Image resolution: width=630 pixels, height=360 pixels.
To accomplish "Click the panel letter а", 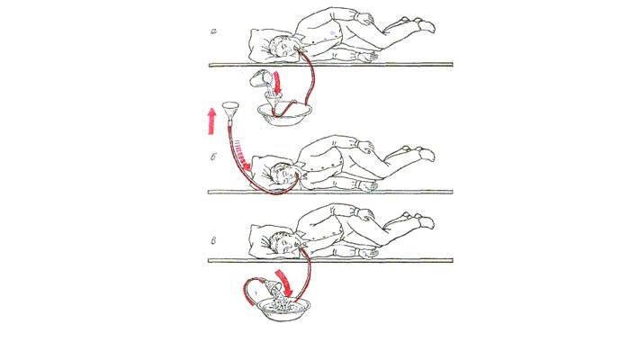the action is pyautogui.click(x=214, y=31).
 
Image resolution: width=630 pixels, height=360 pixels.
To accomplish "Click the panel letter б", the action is pyautogui.click(x=214, y=157).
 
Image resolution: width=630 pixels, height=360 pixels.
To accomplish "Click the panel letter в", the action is pyautogui.click(x=214, y=240).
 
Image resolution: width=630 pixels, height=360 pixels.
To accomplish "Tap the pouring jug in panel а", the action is pyautogui.click(x=260, y=78).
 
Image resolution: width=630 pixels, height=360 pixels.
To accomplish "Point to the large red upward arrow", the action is pyautogui.click(x=211, y=121).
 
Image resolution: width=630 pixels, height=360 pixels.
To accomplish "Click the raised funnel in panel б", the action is pyautogui.click(x=230, y=112).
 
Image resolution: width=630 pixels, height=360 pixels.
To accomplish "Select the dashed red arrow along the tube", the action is pyautogui.click(x=242, y=157).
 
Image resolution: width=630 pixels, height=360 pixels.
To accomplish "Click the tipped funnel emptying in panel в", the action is pyautogui.click(x=270, y=285).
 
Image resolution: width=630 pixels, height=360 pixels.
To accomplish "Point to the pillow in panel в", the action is pyautogui.click(x=265, y=240).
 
